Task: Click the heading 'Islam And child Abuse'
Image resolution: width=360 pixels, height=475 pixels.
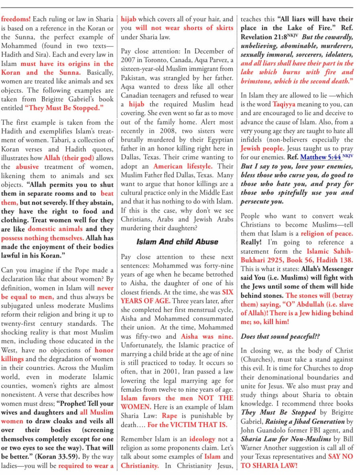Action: point(177,242)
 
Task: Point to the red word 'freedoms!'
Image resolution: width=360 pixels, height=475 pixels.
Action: point(16,19)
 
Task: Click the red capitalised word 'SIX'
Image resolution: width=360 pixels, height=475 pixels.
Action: point(227,292)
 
